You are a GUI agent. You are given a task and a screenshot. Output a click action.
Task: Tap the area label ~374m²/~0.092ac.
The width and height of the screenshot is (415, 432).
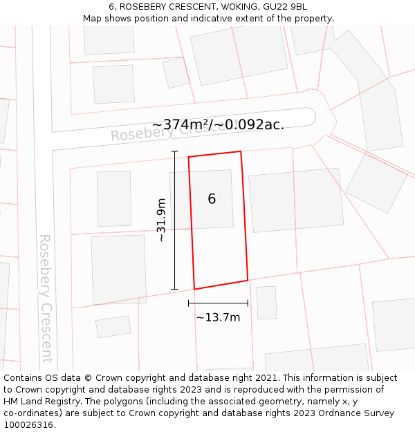click(218, 124)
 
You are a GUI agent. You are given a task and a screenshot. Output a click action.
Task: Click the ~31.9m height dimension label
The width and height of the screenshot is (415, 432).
click(161, 220)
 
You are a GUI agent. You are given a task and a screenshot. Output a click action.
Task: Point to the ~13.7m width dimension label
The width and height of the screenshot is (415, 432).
click(218, 317)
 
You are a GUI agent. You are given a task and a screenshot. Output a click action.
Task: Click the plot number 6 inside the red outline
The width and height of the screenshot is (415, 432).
click(212, 199)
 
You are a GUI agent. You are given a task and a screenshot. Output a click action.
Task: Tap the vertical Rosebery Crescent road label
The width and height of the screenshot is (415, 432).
click(46, 299)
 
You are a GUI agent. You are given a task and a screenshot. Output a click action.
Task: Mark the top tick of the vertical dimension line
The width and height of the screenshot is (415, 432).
click(174, 151)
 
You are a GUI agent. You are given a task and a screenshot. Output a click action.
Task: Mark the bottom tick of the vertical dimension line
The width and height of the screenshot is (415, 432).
click(174, 289)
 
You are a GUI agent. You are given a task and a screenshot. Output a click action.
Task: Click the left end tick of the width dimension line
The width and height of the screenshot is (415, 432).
click(189, 303)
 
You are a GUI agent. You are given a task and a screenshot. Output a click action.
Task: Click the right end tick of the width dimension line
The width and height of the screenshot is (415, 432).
click(248, 303)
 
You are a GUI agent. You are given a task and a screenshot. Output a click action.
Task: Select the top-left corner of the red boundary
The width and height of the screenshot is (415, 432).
click(189, 157)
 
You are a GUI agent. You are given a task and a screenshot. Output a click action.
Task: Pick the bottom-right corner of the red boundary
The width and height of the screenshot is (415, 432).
click(248, 280)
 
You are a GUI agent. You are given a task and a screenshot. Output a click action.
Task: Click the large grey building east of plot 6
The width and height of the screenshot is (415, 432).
click(296, 200)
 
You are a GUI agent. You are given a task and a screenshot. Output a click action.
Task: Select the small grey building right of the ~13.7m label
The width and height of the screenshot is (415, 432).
click(266, 303)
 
